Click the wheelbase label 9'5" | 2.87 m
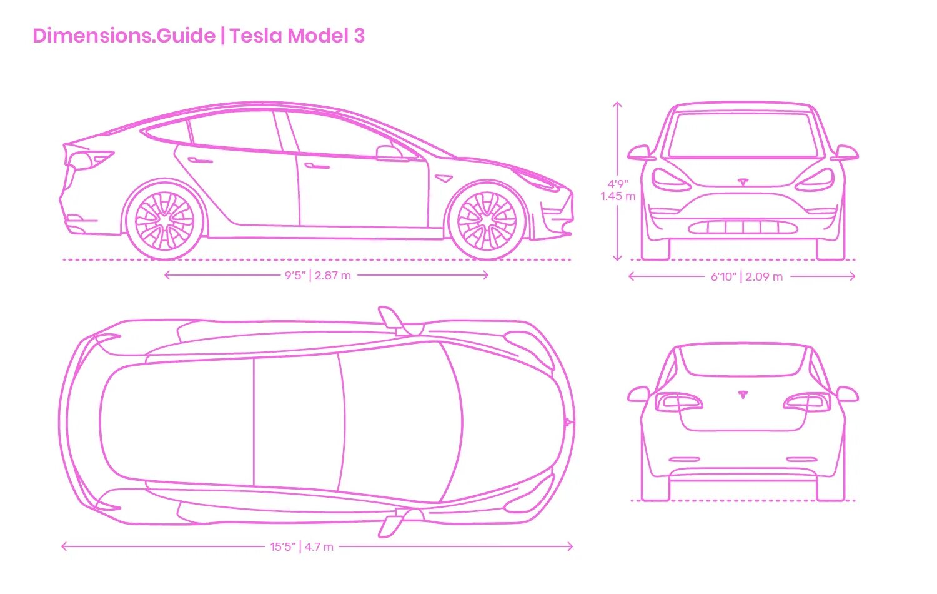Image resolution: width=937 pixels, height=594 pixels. [318, 275]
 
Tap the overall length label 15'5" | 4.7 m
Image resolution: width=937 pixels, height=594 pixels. [302, 547]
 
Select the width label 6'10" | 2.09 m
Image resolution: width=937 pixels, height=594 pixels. [746, 276]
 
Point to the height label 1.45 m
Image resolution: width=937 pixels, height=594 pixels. [618, 196]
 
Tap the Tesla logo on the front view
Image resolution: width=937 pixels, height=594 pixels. [743, 182]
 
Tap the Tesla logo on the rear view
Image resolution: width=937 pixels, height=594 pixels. [743, 395]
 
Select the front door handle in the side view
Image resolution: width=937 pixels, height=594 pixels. [317, 166]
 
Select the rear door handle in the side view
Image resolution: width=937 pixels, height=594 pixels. [200, 161]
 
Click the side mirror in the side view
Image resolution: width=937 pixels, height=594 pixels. [388, 153]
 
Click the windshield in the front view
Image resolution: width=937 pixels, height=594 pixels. [743, 134]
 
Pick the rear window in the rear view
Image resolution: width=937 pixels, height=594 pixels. [743, 360]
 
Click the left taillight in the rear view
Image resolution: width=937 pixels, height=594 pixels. [678, 401]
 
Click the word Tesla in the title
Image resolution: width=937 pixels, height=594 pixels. [256, 36]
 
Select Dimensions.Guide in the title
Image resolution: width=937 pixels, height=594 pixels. [124, 36]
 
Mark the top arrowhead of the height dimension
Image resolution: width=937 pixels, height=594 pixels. [618, 104]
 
